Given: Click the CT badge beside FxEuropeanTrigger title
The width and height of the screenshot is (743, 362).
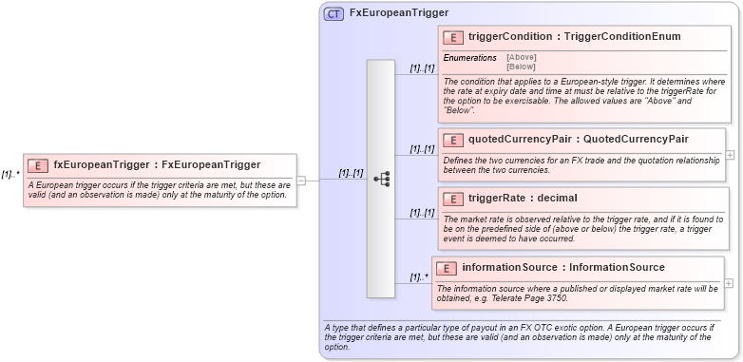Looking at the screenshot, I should pyautogui.click(x=333, y=13).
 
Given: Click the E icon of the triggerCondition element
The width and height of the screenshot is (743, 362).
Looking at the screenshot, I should pyautogui.click(x=453, y=37).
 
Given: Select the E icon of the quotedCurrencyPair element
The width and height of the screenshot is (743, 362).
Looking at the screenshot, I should pyautogui.click(x=453, y=140).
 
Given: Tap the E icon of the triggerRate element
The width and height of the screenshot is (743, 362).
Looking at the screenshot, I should pyautogui.click(x=453, y=199).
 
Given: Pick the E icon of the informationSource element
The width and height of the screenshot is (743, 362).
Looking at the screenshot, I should pyautogui.click(x=447, y=268).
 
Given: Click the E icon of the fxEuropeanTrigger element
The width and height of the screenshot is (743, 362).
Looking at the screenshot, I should pyautogui.click(x=38, y=164).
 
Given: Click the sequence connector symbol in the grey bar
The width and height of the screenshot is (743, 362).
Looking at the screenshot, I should pyautogui.click(x=382, y=178).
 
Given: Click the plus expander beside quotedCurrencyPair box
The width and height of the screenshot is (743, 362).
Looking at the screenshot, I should pyautogui.click(x=730, y=153).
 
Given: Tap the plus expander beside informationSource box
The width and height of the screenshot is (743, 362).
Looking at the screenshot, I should pyautogui.click(x=729, y=282).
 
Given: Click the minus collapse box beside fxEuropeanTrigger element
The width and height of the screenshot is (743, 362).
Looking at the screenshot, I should pyautogui.click(x=301, y=179).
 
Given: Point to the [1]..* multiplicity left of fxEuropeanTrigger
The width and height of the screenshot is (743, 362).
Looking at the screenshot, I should pyautogui.click(x=10, y=175).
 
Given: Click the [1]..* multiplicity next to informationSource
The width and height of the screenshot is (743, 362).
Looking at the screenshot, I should pyautogui.click(x=419, y=277).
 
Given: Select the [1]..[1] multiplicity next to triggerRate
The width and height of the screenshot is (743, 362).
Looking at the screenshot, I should pyautogui.click(x=422, y=213).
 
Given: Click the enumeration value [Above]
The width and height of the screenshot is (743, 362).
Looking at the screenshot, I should pyautogui.click(x=521, y=57).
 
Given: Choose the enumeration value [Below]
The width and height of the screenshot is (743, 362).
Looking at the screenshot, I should pyautogui.click(x=521, y=67).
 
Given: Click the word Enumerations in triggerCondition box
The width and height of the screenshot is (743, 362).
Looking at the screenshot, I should pyautogui.click(x=469, y=58).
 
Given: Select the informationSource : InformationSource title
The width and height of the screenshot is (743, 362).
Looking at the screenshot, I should pyautogui.click(x=563, y=268).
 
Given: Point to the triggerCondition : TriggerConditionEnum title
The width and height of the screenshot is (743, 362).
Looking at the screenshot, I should pyautogui.click(x=574, y=37).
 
